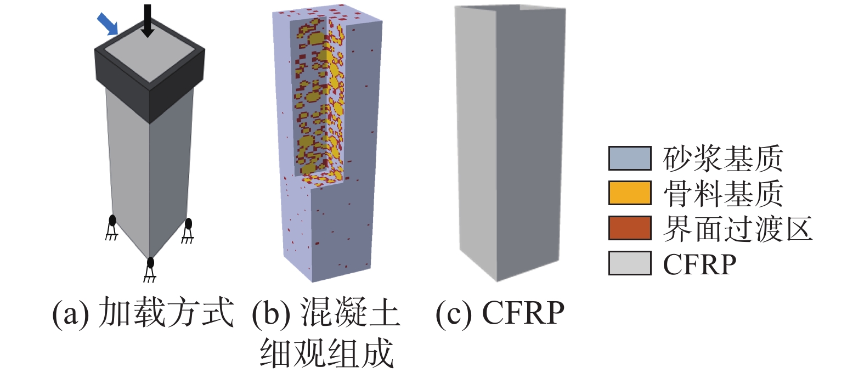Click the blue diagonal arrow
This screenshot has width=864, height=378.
[108, 24]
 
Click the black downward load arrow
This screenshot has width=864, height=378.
[147, 21]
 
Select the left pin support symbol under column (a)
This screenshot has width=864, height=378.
[112, 228]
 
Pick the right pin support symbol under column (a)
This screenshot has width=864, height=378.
[188, 230]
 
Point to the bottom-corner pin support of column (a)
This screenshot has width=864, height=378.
[150, 269]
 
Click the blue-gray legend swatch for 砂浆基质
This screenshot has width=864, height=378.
[630, 158]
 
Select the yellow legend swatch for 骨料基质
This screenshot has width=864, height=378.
[630, 193]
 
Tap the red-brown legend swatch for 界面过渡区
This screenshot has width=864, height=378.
[630, 228]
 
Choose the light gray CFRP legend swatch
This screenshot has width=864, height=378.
[630, 263]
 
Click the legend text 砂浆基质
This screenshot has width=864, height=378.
[723, 159]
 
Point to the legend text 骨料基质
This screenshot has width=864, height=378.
[723, 193]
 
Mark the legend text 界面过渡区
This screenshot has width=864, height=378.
[737, 228]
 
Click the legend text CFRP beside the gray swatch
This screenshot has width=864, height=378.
[699, 264]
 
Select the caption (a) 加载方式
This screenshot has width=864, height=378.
[143, 313]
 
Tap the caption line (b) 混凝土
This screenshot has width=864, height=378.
[326, 313]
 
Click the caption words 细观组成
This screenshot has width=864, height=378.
[326, 353]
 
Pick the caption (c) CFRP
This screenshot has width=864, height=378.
[500, 313]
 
